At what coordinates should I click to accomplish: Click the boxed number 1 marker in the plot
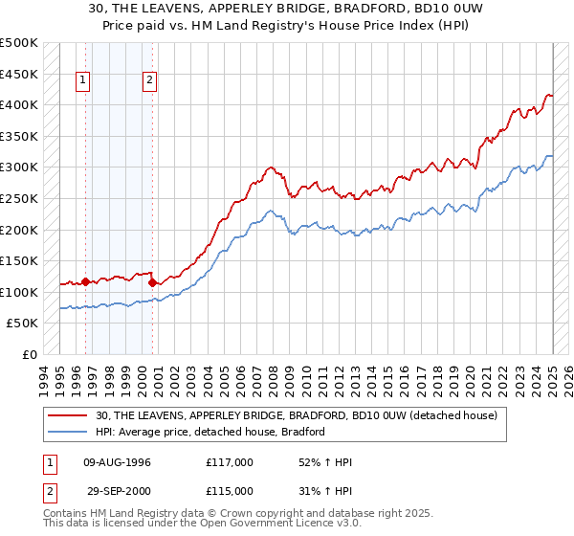[84, 81]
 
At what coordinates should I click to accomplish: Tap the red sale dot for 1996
[85, 281]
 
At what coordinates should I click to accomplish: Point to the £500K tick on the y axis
[19, 43]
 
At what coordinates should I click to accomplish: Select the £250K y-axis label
[19, 198]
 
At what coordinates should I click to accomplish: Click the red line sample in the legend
[68, 416]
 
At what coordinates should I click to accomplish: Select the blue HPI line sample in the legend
[68, 432]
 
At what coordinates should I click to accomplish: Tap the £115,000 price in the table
[229, 492]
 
